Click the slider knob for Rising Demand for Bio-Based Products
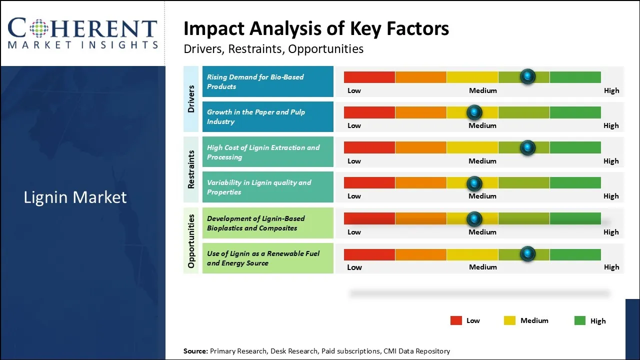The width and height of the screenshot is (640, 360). (527, 76)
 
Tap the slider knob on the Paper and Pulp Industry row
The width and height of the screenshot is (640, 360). (474, 112)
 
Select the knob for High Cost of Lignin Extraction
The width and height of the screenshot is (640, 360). (527, 147)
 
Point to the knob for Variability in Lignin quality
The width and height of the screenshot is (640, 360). (474, 183)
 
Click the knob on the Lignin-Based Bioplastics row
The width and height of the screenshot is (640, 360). (474, 218)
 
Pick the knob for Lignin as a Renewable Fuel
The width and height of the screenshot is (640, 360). (527, 254)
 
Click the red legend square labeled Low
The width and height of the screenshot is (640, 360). (456, 320)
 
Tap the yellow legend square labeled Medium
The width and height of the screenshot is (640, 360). (509, 320)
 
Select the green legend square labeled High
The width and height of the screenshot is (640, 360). (580, 320)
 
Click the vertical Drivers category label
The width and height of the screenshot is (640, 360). (191, 98)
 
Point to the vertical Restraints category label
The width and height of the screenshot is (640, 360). (191, 169)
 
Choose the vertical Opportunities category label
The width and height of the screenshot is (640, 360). (191, 240)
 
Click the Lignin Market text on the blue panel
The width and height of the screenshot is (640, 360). (75, 197)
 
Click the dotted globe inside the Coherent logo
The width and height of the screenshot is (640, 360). (38, 28)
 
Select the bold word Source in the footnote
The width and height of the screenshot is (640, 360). (195, 351)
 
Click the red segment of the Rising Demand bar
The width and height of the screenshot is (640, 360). (369, 77)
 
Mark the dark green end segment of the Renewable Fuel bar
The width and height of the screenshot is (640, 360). (575, 254)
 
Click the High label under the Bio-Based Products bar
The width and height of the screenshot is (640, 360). (611, 90)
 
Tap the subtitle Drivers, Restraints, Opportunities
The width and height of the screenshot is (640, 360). (273, 49)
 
